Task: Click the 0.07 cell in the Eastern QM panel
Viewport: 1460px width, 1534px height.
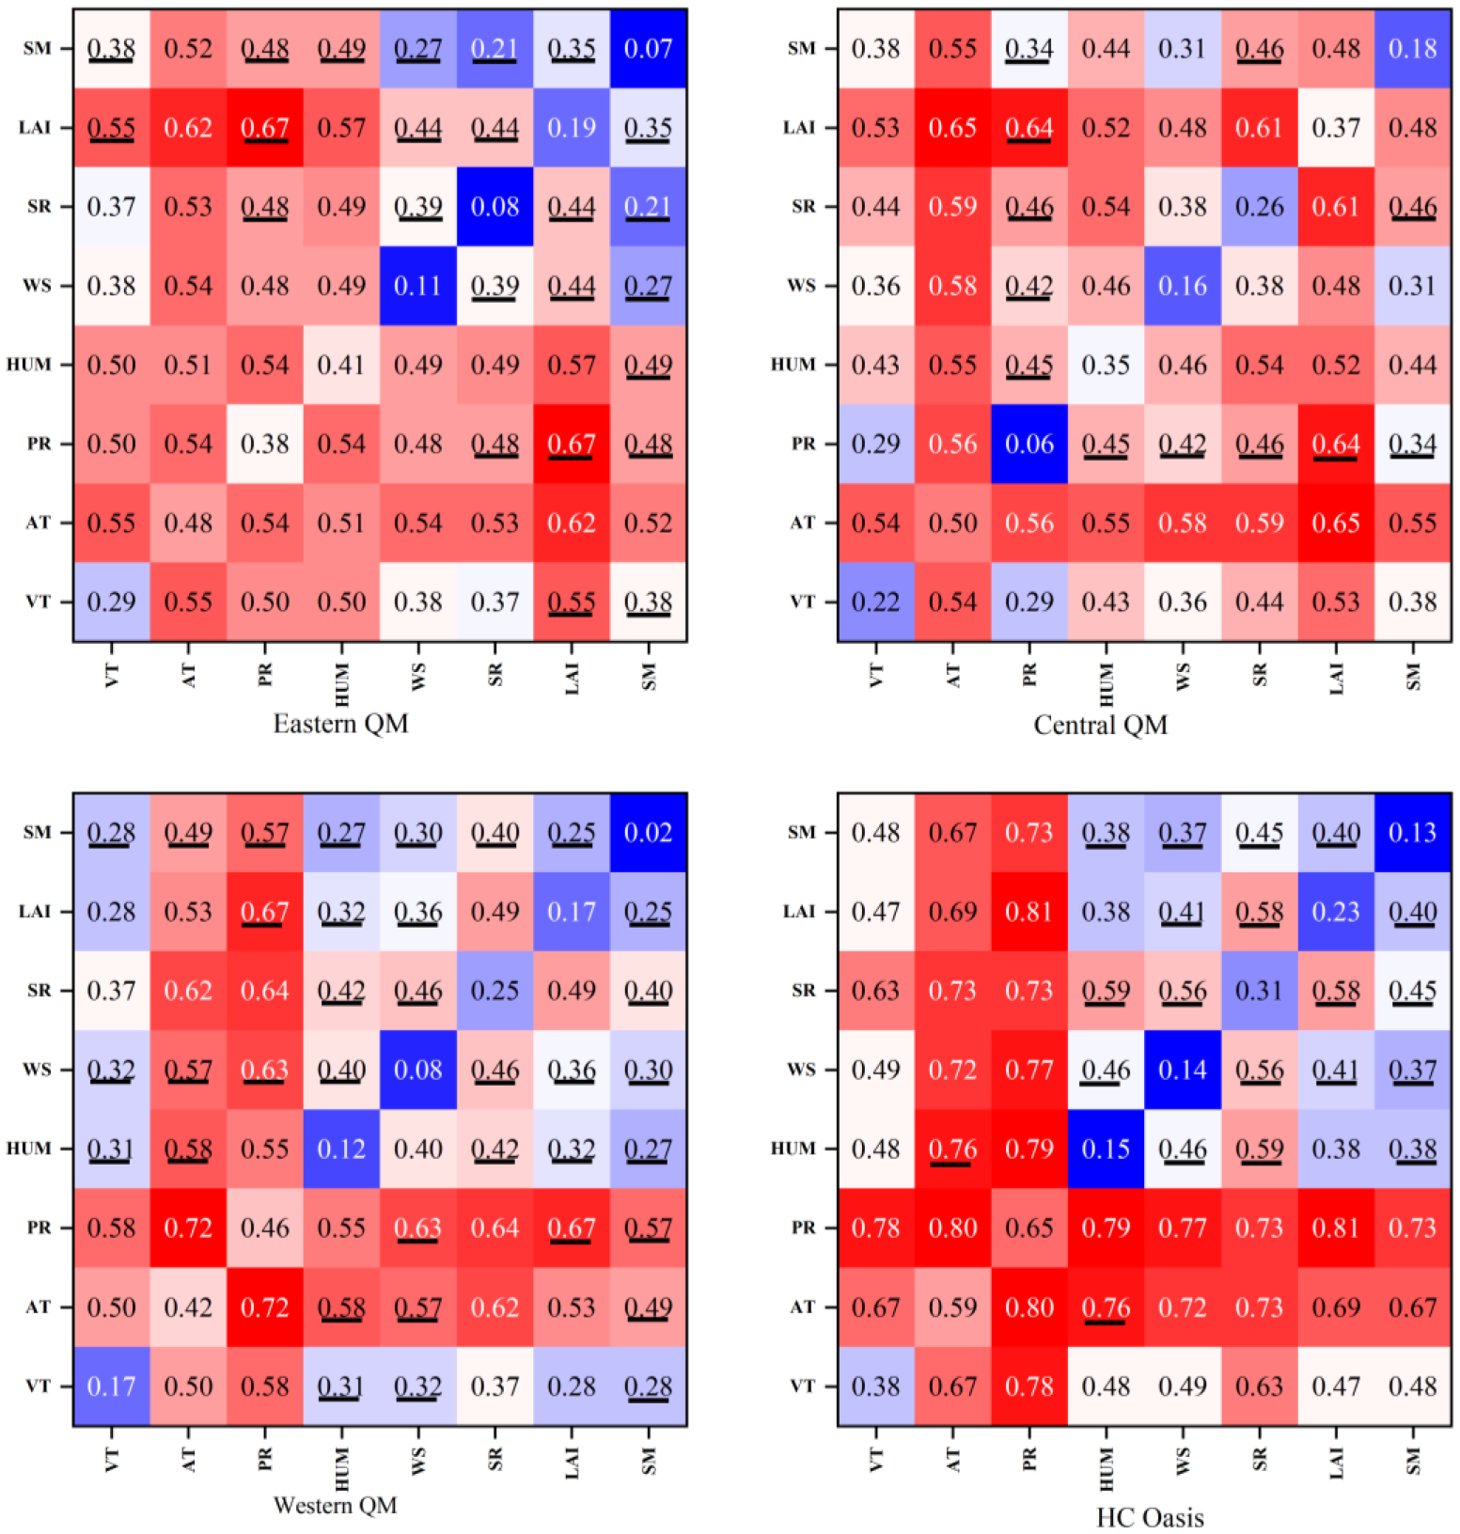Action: [x=648, y=49]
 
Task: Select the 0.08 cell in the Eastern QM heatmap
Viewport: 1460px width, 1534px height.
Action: [x=495, y=207]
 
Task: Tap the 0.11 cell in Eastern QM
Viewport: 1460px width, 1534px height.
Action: [x=417, y=286]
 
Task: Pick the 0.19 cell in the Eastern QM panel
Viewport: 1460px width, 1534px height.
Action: [x=572, y=128]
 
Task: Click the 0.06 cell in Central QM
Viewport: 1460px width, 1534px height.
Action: [x=1029, y=444]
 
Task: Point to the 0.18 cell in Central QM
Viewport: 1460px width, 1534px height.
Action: [x=1412, y=49]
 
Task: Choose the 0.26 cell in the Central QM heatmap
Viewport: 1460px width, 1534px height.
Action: [x=1259, y=207]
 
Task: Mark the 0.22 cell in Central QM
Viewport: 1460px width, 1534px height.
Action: [x=876, y=602]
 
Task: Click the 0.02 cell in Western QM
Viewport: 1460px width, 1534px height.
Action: [x=648, y=833]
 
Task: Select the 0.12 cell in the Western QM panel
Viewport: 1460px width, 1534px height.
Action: [x=341, y=1149]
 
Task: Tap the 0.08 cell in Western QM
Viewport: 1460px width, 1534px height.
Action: [x=417, y=1070]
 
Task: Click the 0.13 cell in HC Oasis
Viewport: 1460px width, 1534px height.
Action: [x=1412, y=833]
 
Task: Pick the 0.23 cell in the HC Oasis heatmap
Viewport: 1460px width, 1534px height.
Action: [x=1336, y=912]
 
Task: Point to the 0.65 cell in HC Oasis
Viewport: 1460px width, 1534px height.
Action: [x=1029, y=1228]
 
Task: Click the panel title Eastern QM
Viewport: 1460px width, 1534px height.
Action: [x=340, y=724]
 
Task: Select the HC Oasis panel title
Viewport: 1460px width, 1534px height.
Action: [x=1149, y=1517]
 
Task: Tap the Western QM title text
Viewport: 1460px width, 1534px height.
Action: [x=335, y=1506]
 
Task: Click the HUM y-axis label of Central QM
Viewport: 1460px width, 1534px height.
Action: [x=793, y=365]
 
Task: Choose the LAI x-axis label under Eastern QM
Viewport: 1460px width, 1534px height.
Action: [x=572, y=677]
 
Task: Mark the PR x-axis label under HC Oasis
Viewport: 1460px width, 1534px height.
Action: [x=1029, y=1459]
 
